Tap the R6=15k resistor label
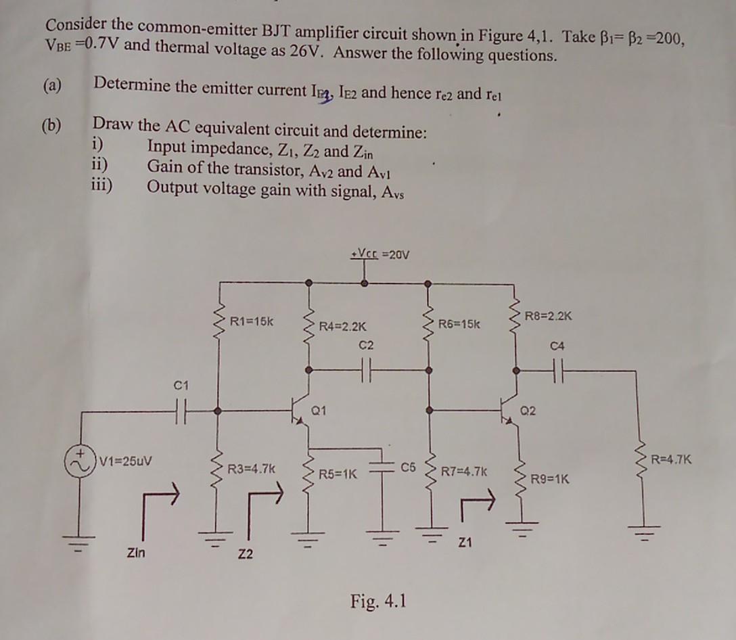coord(459,324)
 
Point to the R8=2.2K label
coord(550,316)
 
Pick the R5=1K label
coord(338,474)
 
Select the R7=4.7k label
coord(463,472)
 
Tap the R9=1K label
coord(549,480)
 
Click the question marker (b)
coord(51,124)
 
